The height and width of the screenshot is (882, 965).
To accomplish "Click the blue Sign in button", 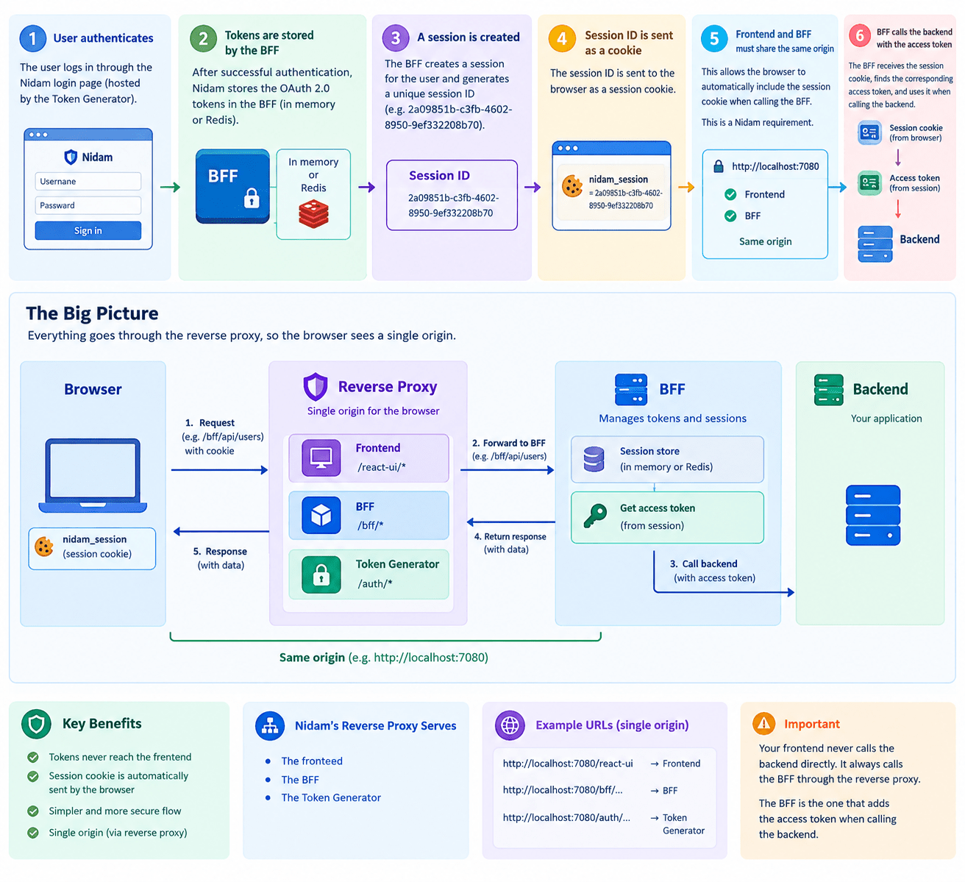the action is [x=88, y=230].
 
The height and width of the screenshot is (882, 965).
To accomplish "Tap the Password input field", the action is [x=88, y=205].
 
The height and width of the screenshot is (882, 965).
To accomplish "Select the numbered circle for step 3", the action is [x=396, y=38].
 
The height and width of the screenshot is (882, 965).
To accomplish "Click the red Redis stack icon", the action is [x=313, y=214].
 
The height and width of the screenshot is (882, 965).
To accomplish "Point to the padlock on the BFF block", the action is [x=252, y=198].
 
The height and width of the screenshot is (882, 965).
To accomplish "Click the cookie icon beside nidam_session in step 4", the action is [x=572, y=186].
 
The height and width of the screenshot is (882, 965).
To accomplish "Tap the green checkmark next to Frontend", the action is [x=730, y=194].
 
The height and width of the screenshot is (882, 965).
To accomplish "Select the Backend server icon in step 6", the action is [x=875, y=244].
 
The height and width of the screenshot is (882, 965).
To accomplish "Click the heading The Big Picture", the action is [x=92, y=313].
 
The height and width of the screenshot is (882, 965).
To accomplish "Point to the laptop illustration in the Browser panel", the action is [x=93, y=475].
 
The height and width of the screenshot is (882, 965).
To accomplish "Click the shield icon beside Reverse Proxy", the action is [x=315, y=387].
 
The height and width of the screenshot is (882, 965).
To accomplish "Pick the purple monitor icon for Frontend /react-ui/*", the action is [x=321, y=458].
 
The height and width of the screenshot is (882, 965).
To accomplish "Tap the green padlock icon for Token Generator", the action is [x=321, y=575].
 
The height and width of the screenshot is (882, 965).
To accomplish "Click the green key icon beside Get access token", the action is [x=595, y=516].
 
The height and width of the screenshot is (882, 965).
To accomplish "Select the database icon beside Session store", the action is [x=594, y=459].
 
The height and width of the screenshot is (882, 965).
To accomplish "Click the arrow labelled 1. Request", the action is [x=219, y=469].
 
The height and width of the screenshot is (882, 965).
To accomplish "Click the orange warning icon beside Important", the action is [x=763, y=723].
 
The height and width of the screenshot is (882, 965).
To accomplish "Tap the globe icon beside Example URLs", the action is [x=510, y=725].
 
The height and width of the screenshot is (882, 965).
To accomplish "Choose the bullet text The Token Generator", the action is [x=331, y=797].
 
